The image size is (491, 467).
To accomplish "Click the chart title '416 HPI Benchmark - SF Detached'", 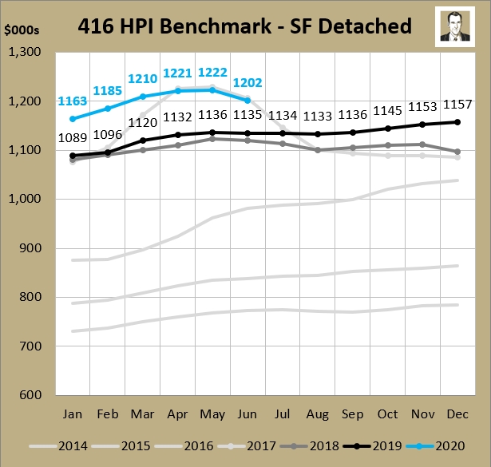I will pos(244,26).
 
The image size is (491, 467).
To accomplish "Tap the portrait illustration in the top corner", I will pos(457,26).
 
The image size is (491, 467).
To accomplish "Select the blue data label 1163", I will pos(73,102).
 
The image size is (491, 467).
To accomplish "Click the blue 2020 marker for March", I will pos(144,97).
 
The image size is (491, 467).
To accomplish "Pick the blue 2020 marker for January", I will pos(73,119).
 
